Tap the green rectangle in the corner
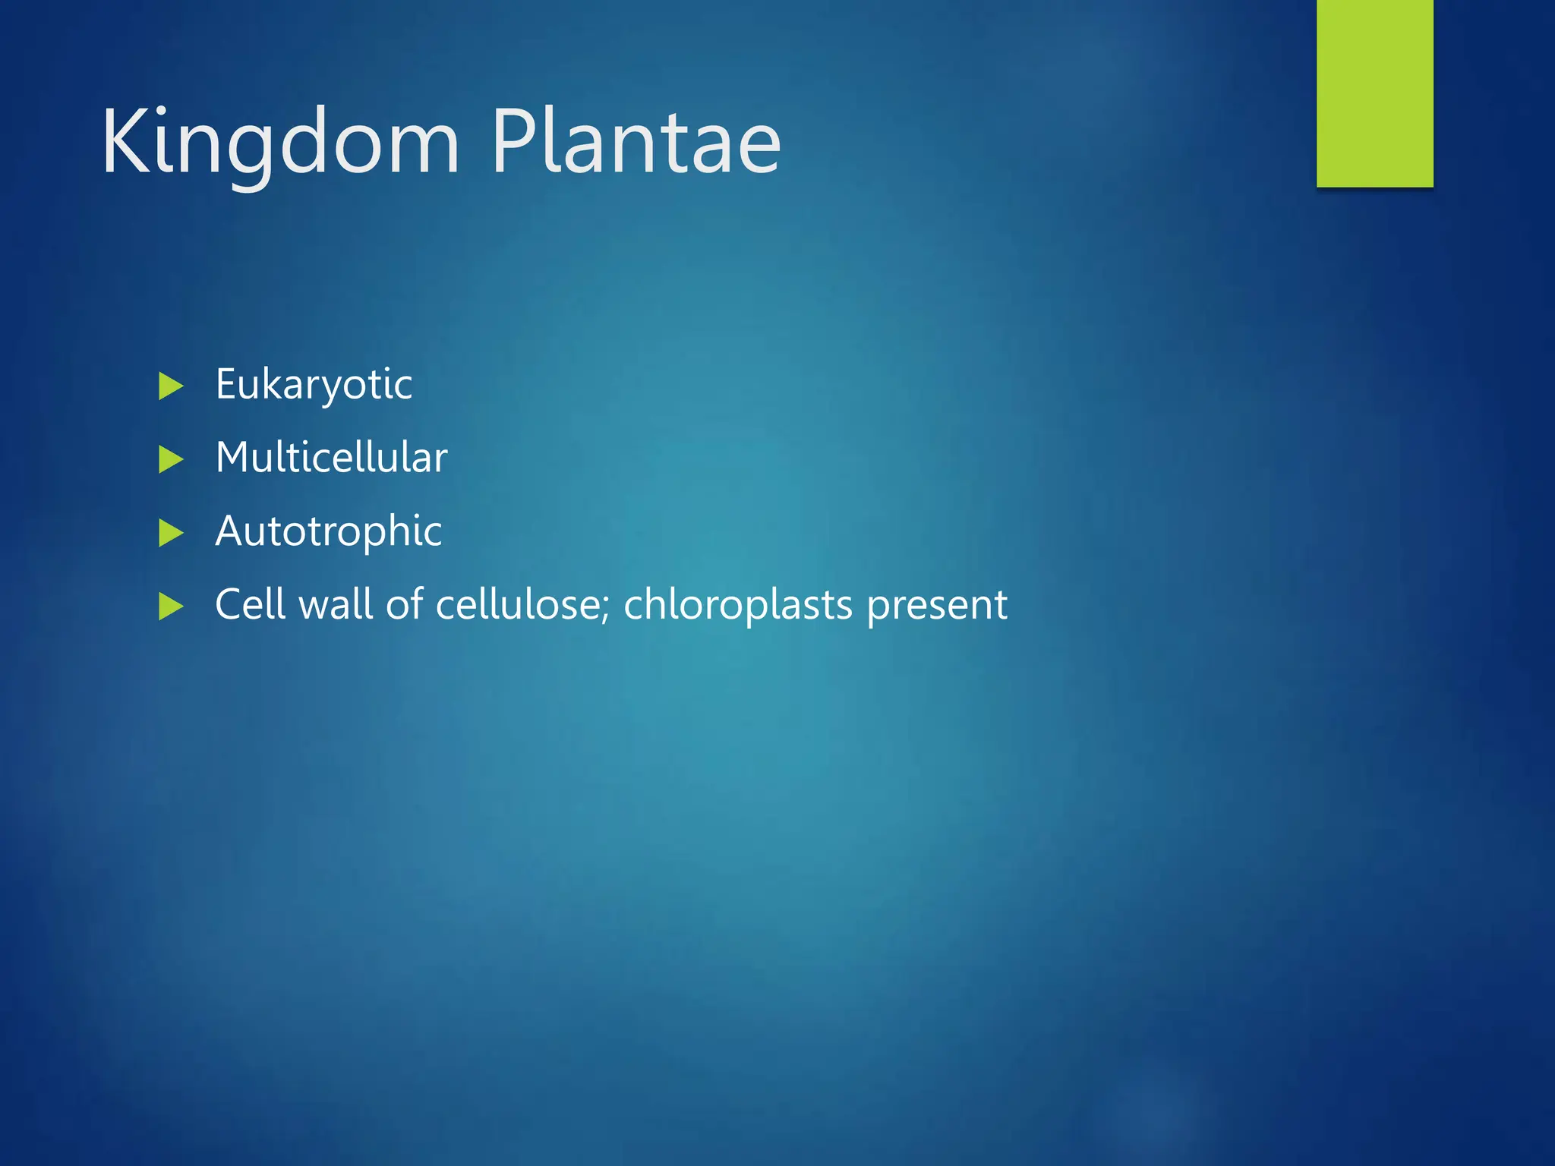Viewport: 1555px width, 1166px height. pos(1374,93)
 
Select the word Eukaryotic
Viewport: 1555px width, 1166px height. pos(314,384)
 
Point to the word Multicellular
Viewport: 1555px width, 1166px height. pos(331,458)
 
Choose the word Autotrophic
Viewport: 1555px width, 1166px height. pos(328,531)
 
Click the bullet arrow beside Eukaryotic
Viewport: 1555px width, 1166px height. pos(171,386)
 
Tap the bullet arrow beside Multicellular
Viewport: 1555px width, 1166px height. pos(171,460)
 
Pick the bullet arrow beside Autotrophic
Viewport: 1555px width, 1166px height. pos(171,533)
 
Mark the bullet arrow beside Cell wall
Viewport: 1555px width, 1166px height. pos(171,607)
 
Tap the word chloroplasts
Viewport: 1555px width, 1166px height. pos(737,604)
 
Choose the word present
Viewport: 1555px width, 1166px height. pos(937,606)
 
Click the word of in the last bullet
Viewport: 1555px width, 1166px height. pos(404,604)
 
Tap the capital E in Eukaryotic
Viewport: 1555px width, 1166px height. pos(226,383)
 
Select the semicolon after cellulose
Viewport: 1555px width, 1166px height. pos(607,610)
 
